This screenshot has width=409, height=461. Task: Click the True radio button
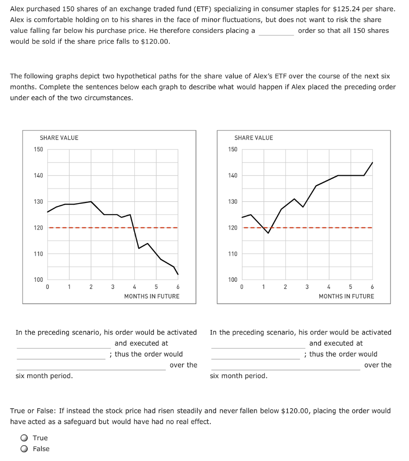pyautogui.click(x=24, y=438)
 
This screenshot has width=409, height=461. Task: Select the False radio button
pyautogui.click(x=24, y=449)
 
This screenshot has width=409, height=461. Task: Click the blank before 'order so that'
pyautogui.click(x=276, y=32)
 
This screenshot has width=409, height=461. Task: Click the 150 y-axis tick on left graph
pyautogui.click(x=38, y=149)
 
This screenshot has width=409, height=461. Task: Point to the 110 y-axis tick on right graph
pyautogui.click(x=233, y=254)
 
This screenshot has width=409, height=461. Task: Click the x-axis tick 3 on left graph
pyautogui.click(x=113, y=287)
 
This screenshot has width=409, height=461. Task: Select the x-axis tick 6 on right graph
pyautogui.click(x=372, y=287)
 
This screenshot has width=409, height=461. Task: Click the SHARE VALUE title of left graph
pyautogui.click(x=59, y=138)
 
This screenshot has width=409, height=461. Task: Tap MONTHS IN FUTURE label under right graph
pyautogui.click(x=346, y=296)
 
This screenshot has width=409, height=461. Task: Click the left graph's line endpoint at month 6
pyautogui.click(x=178, y=274)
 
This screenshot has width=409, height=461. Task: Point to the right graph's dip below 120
pyautogui.click(x=268, y=233)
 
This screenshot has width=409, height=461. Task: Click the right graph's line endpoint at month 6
pyautogui.click(x=373, y=163)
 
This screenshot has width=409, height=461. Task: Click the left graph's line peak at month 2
pyautogui.click(x=91, y=202)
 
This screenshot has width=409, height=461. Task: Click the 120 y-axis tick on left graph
pyautogui.click(x=38, y=228)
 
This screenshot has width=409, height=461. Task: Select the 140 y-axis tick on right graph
pyautogui.click(x=233, y=175)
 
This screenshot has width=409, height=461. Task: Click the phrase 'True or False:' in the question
pyautogui.click(x=33, y=411)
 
